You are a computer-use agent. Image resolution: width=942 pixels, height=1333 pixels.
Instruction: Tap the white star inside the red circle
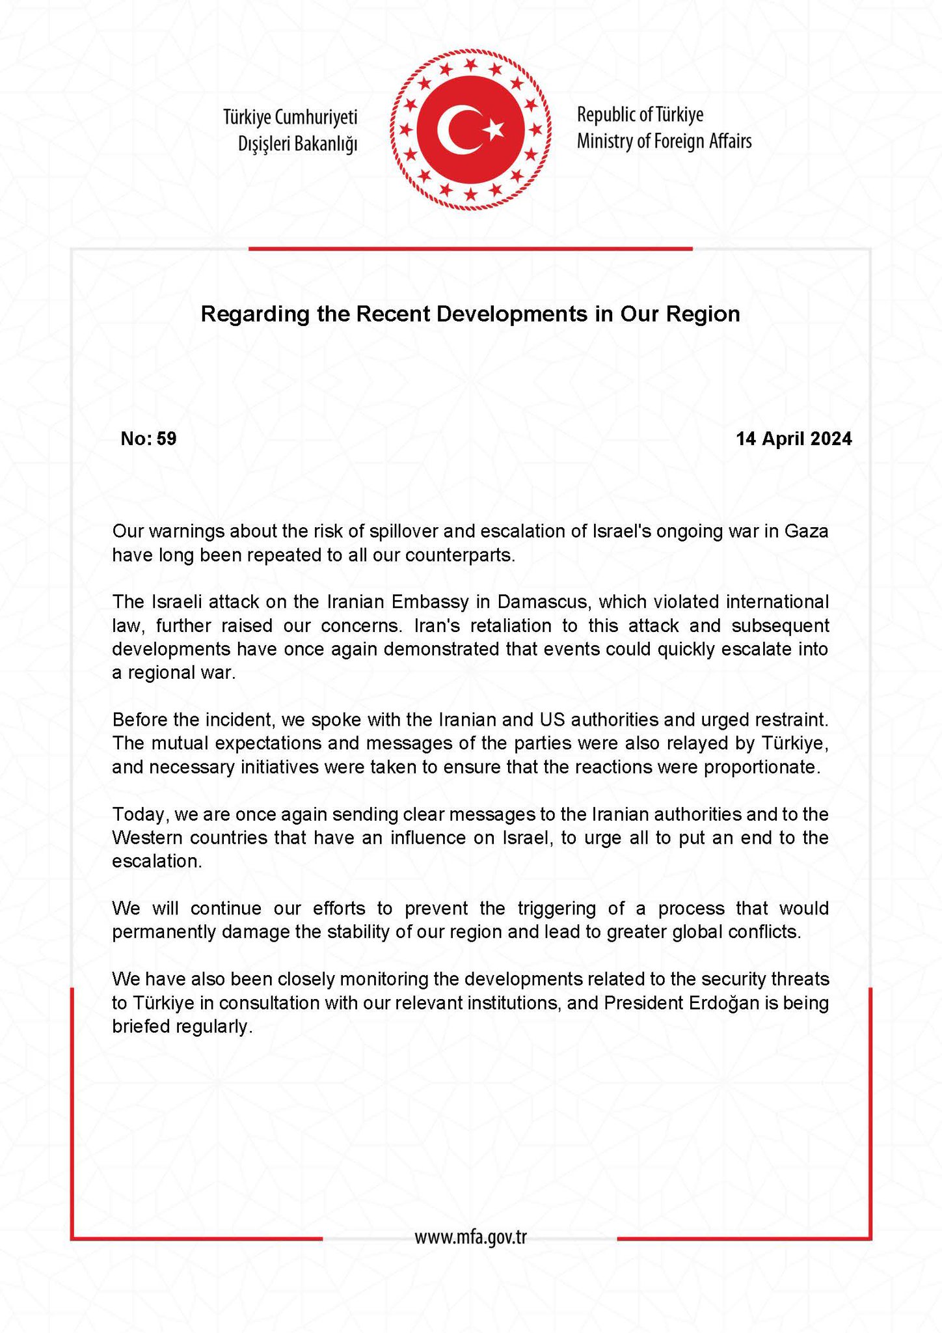click(494, 129)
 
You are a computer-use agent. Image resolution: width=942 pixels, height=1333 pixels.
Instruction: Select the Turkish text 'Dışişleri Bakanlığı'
click(298, 144)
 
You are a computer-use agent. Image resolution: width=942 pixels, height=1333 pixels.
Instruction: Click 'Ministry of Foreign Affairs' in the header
click(664, 141)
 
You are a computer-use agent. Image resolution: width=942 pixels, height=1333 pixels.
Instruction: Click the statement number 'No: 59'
click(148, 439)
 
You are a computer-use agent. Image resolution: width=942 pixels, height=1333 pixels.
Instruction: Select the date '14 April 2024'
click(793, 439)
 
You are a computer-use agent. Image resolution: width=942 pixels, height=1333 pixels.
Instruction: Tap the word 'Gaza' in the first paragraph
click(807, 532)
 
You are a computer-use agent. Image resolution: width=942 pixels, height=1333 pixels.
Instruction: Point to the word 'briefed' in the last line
click(141, 1026)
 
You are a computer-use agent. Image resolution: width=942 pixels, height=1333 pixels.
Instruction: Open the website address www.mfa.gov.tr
click(470, 1237)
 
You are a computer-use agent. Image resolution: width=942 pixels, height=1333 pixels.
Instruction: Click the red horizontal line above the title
click(470, 248)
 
